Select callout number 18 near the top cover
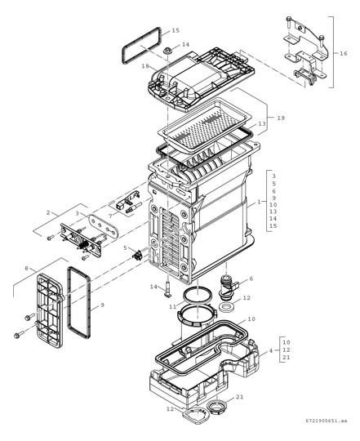tap(144, 65)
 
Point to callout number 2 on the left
tap(48, 212)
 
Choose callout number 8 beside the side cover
tap(28, 267)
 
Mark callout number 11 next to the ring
tap(172, 305)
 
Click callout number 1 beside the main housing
tap(260, 201)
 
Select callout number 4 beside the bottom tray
tap(271, 350)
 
